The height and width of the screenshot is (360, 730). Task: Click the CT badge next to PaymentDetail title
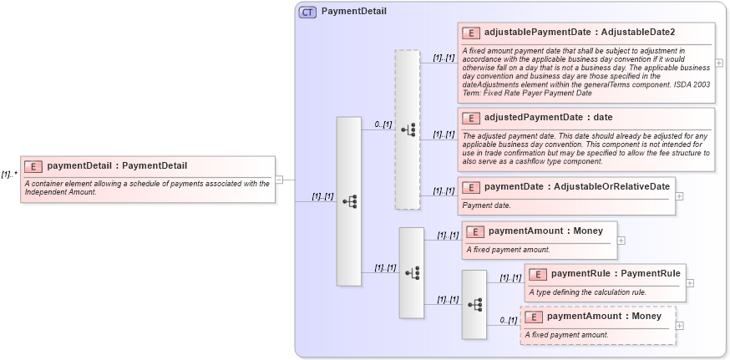tap(307, 12)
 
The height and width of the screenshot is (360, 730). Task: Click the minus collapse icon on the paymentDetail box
tap(279, 179)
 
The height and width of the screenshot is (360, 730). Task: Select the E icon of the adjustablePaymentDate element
tap(470, 33)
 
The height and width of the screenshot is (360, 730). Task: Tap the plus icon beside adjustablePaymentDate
tap(719, 63)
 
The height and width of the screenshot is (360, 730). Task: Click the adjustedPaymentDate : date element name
tap(548, 117)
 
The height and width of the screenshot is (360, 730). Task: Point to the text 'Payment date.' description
tap(487, 205)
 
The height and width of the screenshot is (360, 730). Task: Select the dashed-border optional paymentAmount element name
tap(604, 317)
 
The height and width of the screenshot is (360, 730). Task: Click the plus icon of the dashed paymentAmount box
tap(680, 326)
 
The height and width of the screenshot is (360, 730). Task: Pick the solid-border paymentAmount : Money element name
tap(545, 231)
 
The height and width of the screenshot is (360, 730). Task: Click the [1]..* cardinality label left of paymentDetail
tap(9, 175)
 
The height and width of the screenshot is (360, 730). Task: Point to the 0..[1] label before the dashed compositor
tap(383, 124)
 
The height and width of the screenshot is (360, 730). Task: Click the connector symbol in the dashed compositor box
tap(408, 129)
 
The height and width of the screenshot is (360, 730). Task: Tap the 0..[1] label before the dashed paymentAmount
tap(508, 320)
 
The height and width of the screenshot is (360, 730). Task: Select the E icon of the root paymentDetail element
tap(33, 166)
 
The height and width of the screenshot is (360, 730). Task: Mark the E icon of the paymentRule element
tap(537, 274)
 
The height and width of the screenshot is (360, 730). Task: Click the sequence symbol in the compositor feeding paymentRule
tap(474, 305)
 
